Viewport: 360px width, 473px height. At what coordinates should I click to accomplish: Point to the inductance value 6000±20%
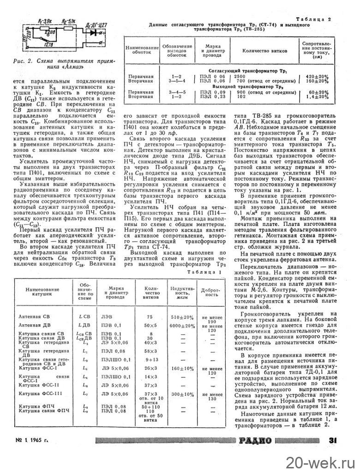tap(180, 325)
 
